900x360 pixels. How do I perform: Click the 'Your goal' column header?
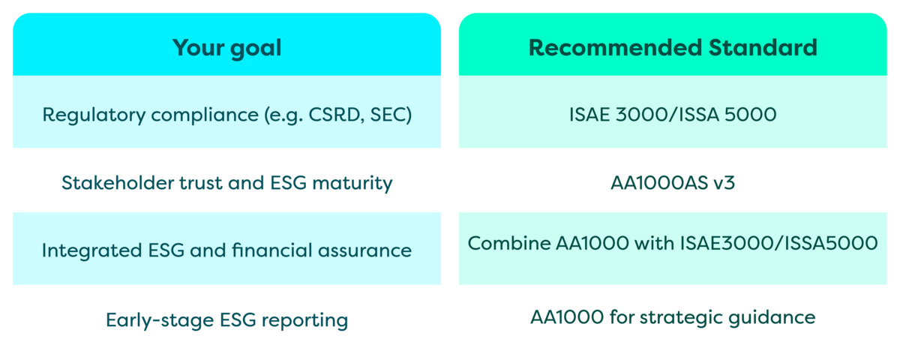[226, 48]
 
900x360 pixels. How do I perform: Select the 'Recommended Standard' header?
[673, 48]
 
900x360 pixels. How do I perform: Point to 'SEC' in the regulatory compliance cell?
[390, 116]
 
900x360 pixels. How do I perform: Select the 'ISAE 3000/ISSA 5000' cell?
[673, 115]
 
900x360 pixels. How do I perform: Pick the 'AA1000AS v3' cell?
[673, 183]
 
